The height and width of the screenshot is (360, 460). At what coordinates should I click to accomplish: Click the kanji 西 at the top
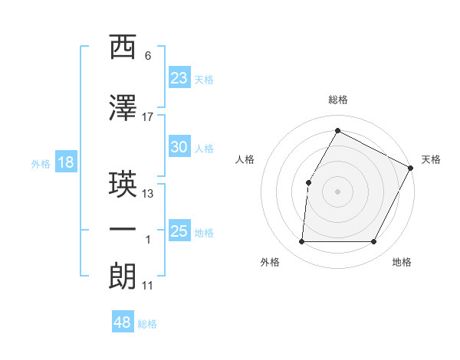pyautogui.click(x=123, y=47)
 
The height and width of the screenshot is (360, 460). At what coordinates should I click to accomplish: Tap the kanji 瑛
pyautogui.click(x=123, y=184)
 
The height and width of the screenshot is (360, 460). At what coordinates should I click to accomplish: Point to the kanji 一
pyautogui.click(x=123, y=229)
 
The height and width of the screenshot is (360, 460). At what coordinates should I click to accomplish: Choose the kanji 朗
pyautogui.click(x=123, y=275)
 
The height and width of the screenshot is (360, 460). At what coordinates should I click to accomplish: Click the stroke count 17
pyautogui.click(x=148, y=116)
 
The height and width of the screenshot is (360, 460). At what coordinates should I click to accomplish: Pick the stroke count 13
pyautogui.click(x=148, y=194)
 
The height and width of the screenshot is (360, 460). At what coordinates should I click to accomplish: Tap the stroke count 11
pyautogui.click(x=148, y=286)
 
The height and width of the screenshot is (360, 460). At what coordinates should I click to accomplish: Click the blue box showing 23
pyautogui.click(x=179, y=77)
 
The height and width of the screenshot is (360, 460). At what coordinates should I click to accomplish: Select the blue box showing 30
pyautogui.click(x=179, y=147)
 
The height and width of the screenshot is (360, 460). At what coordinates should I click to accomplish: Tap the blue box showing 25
pyautogui.click(x=179, y=231)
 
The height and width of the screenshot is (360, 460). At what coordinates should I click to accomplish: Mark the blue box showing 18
pyautogui.click(x=65, y=162)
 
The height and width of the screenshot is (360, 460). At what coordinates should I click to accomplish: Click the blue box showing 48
pyautogui.click(x=123, y=322)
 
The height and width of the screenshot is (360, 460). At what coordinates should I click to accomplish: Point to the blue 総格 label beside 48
pyautogui.click(x=147, y=324)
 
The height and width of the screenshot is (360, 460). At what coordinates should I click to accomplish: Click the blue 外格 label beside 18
pyautogui.click(x=40, y=163)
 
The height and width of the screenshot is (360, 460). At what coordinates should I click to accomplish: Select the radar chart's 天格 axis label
pyautogui.click(x=431, y=159)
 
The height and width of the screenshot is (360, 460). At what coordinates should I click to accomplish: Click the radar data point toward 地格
pyautogui.click(x=374, y=242)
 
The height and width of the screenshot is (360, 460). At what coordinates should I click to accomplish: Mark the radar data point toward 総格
pyautogui.click(x=337, y=130)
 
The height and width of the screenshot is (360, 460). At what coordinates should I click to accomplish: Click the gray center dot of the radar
pyautogui.click(x=337, y=191)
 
